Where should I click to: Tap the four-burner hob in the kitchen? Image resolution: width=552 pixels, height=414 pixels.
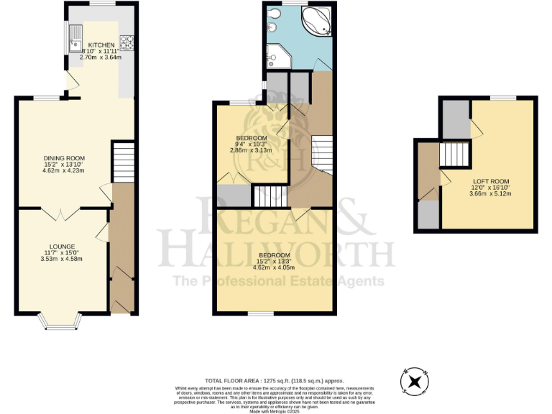[126, 43]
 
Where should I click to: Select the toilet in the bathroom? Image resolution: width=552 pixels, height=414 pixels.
[272, 27]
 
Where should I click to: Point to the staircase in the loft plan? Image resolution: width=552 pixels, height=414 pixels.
[454, 153]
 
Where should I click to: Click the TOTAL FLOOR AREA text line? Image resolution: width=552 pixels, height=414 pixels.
[274, 380]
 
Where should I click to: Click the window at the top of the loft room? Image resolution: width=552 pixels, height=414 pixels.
[503, 97]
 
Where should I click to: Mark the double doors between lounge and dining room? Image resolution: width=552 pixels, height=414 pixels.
[61, 213]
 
